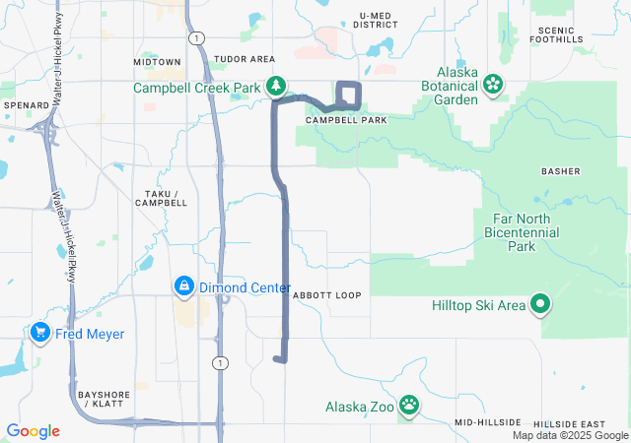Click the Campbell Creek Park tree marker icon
(277, 88)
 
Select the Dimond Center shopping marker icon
(183, 287)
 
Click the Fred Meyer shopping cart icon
(40, 334)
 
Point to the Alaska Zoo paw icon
(409, 405)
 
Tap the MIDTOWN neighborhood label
(157, 61)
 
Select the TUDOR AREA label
(244, 59)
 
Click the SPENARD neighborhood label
(26, 104)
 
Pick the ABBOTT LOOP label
(326, 295)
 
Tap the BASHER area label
(560, 171)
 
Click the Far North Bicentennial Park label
(522, 232)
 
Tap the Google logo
(34, 431)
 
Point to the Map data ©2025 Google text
(570, 435)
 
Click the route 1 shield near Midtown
(198, 36)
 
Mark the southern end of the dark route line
(280, 359)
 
